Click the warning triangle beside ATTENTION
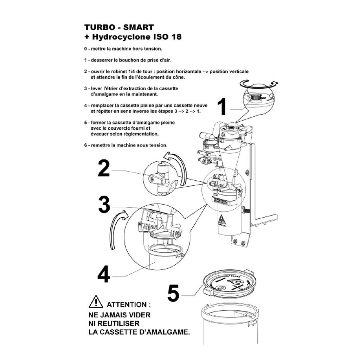96,302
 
